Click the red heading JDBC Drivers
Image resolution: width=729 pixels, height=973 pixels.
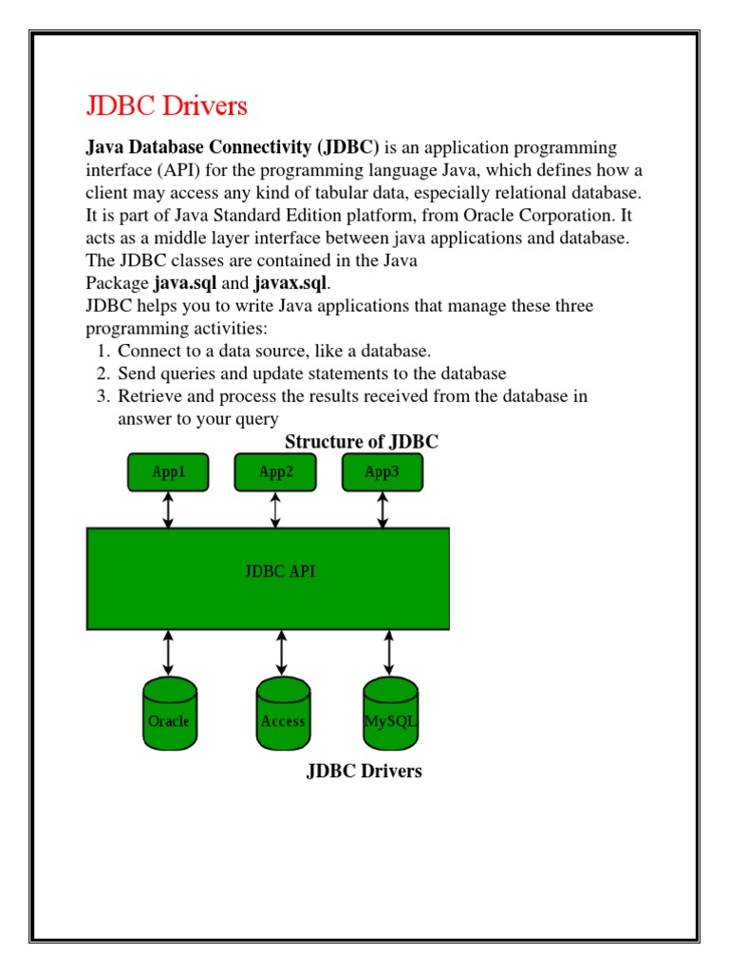click(166, 105)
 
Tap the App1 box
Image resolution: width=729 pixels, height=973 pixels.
click(169, 472)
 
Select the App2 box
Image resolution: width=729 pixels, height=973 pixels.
click(275, 472)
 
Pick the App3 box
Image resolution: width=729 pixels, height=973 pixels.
click(383, 472)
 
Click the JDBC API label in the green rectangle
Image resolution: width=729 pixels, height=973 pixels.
click(280, 571)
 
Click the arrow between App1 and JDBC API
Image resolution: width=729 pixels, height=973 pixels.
click(169, 509)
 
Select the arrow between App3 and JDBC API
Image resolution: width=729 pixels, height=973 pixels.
click(383, 509)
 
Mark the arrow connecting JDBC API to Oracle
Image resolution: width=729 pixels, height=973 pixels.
click(169, 652)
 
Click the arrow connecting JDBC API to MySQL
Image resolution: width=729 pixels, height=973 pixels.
click(389, 652)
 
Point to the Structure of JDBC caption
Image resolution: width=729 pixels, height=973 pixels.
click(362, 442)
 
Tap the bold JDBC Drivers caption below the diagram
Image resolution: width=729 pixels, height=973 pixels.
click(364, 771)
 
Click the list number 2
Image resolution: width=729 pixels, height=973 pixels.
click(103, 373)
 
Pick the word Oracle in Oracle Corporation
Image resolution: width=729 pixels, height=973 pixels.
click(472, 216)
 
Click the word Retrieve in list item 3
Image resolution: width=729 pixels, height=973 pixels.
click(149, 396)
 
